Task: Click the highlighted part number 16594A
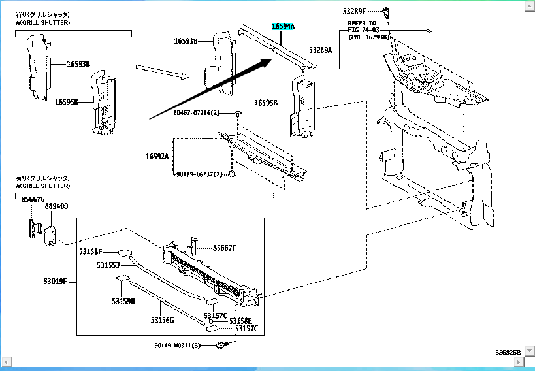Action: click(x=284, y=27)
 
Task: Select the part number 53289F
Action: click(x=355, y=12)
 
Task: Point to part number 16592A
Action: click(x=157, y=156)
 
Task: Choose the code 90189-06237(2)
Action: click(x=200, y=174)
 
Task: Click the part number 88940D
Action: click(x=56, y=206)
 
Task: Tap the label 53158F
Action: click(x=91, y=251)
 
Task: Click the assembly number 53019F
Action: click(x=57, y=282)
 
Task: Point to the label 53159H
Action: click(x=123, y=302)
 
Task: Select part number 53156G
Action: click(x=162, y=320)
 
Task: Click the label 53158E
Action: click(x=240, y=321)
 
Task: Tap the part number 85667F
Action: click(x=224, y=248)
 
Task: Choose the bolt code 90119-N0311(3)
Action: click(x=178, y=344)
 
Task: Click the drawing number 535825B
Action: click(x=508, y=352)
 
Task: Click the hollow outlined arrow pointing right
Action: click(x=162, y=71)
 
